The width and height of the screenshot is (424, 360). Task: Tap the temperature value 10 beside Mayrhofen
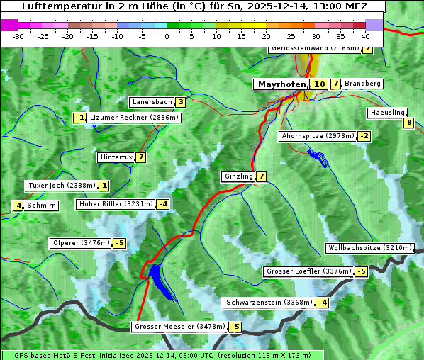coord(319,84)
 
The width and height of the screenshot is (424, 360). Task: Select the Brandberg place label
coord(363,84)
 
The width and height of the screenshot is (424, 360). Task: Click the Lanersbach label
coord(152,102)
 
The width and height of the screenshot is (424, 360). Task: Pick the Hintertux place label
coord(116,157)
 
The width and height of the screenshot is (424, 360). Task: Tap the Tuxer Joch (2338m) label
coord(61,186)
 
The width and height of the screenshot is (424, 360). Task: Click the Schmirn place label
coord(42,206)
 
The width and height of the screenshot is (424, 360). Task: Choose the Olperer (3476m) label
coord(82,243)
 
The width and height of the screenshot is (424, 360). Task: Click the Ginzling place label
coord(238,176)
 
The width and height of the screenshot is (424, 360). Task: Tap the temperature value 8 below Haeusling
coord(408,123)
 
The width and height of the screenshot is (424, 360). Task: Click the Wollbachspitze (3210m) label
coord(369,248)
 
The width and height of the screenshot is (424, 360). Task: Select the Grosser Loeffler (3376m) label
coord(308,271)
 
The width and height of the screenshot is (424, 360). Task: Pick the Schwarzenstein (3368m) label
coord(268,303)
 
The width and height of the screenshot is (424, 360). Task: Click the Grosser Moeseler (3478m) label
coord(179,327)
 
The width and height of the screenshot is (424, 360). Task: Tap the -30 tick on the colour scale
coord(19,35)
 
